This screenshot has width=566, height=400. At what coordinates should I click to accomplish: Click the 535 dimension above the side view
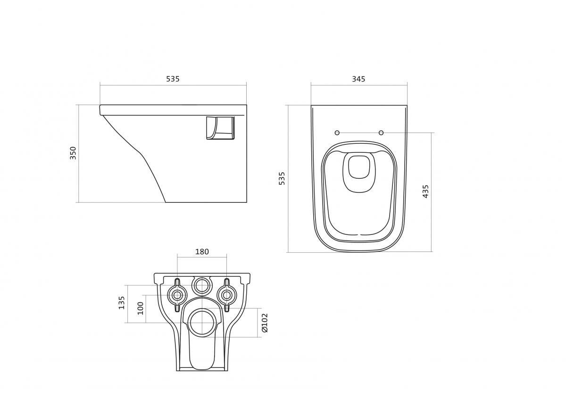point(173,79)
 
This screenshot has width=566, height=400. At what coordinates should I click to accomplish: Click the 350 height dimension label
point(73,153)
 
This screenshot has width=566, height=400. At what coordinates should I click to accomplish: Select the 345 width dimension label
point(358,79)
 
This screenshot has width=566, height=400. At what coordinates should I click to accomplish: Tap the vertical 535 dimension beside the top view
point(282,178)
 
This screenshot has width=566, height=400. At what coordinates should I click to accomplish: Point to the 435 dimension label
point(425,191)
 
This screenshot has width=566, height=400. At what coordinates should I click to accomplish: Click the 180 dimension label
point(202,252)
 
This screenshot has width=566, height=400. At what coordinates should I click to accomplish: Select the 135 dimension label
point(122,302)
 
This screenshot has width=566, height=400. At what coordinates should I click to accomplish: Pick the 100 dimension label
point(140,308)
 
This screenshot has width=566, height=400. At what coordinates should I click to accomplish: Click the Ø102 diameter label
point(265,323)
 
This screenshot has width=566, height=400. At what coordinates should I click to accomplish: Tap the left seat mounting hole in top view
point(337,133)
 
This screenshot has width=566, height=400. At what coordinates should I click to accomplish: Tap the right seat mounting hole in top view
point(381,133)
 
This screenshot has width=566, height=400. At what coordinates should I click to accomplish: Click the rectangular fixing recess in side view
point(220,128)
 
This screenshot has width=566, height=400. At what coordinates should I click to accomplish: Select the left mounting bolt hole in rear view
point(177,295)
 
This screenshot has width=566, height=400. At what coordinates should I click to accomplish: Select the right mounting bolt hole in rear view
point(227,295)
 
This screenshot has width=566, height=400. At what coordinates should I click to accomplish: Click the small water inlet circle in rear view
point(202,285)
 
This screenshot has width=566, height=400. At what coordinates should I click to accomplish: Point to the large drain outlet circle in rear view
point(202,323)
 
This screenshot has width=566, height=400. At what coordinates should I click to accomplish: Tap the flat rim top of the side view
point(173,106)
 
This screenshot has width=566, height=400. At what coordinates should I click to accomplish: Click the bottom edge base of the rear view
point(202,370)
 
